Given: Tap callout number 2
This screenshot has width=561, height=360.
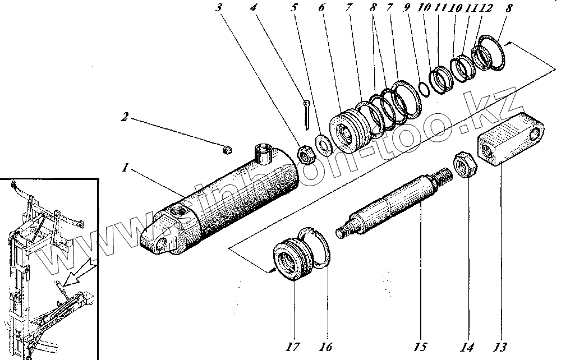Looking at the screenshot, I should pos(125,118).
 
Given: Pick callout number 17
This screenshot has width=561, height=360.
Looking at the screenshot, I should pos(293,347).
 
